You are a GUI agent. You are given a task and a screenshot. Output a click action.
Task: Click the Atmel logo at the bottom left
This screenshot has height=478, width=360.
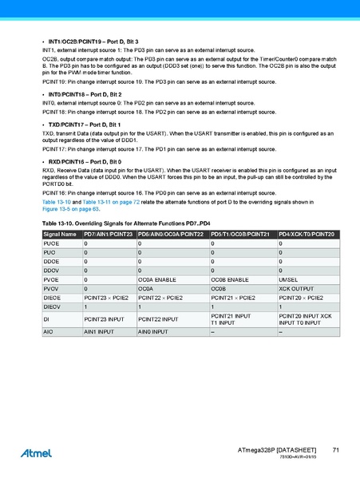tap(37, 452)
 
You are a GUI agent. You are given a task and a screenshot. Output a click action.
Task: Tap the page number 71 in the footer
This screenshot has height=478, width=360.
tap(336, 451)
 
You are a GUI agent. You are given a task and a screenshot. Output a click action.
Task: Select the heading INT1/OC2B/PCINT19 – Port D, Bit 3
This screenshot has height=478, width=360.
tap(93, 41)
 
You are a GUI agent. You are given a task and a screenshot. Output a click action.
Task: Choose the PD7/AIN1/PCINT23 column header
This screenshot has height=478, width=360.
tap(109, 234)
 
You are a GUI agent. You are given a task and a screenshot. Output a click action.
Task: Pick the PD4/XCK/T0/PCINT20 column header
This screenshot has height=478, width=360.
tap(307, 234)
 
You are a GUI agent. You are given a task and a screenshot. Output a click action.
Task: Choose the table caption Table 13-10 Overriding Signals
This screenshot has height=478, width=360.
tap(125, 223)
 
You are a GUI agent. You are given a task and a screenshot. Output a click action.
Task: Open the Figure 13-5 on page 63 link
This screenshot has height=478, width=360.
tap(71, 209)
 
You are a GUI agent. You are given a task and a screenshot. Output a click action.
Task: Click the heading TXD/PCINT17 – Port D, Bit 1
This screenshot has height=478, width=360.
tap(87, 125)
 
